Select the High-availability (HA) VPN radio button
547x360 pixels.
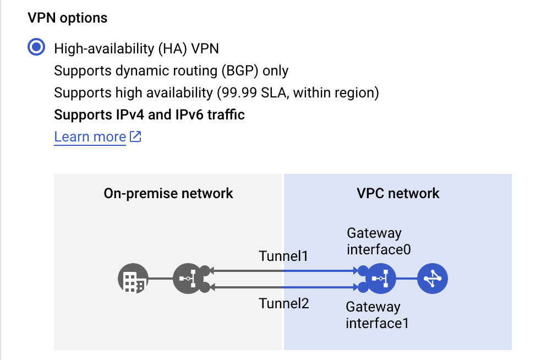coord(36,48)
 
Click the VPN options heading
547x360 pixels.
coord(67,18)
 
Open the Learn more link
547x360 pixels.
coord(90,137)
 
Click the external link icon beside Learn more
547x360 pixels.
coord(135,137)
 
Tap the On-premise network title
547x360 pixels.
coord(168,193)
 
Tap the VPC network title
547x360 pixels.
coord(398,193)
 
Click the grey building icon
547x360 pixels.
coord(133,279)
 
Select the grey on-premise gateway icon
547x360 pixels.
coord(188,279)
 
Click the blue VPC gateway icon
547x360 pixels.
coord(380,279)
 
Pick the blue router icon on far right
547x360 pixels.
coord(433,279)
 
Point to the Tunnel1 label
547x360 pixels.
coord(284,256)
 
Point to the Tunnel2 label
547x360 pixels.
coord(284,303)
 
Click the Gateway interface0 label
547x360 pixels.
coord(379,242)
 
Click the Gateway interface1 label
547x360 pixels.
coord(377,315)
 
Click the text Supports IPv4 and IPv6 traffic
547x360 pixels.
coord(149,114)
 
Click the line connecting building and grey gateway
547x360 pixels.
coord(160,279)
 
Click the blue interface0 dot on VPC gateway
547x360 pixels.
coord(363,271)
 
